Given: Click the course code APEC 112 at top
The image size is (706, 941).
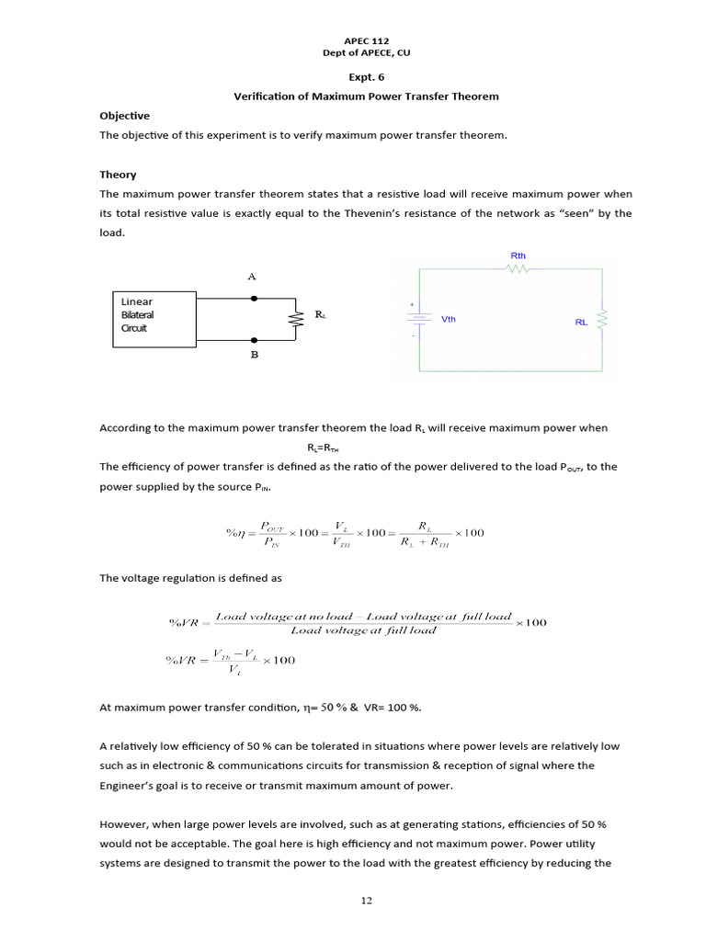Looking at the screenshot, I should (365, 41).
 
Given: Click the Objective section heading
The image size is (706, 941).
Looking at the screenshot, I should (124, 116).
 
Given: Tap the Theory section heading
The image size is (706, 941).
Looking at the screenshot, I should (118, 174).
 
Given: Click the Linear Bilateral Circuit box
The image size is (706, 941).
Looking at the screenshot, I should (154, 319).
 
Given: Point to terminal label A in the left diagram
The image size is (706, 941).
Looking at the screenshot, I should (252, 277).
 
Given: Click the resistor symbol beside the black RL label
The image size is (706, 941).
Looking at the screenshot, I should (296, 319).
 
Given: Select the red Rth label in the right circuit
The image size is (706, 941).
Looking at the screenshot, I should (518, 255).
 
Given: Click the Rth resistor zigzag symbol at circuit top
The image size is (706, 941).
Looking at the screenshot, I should (518, 269).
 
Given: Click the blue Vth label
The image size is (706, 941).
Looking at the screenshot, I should (449, 320).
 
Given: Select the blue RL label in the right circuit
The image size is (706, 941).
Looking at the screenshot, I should (581, 323).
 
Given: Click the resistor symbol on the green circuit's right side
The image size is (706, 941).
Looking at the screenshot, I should (602, 320).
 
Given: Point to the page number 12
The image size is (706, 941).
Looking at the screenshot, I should (366, 901).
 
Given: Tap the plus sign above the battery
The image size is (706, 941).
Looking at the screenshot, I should (412, 304).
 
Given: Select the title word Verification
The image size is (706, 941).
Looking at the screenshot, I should (267, 96).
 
